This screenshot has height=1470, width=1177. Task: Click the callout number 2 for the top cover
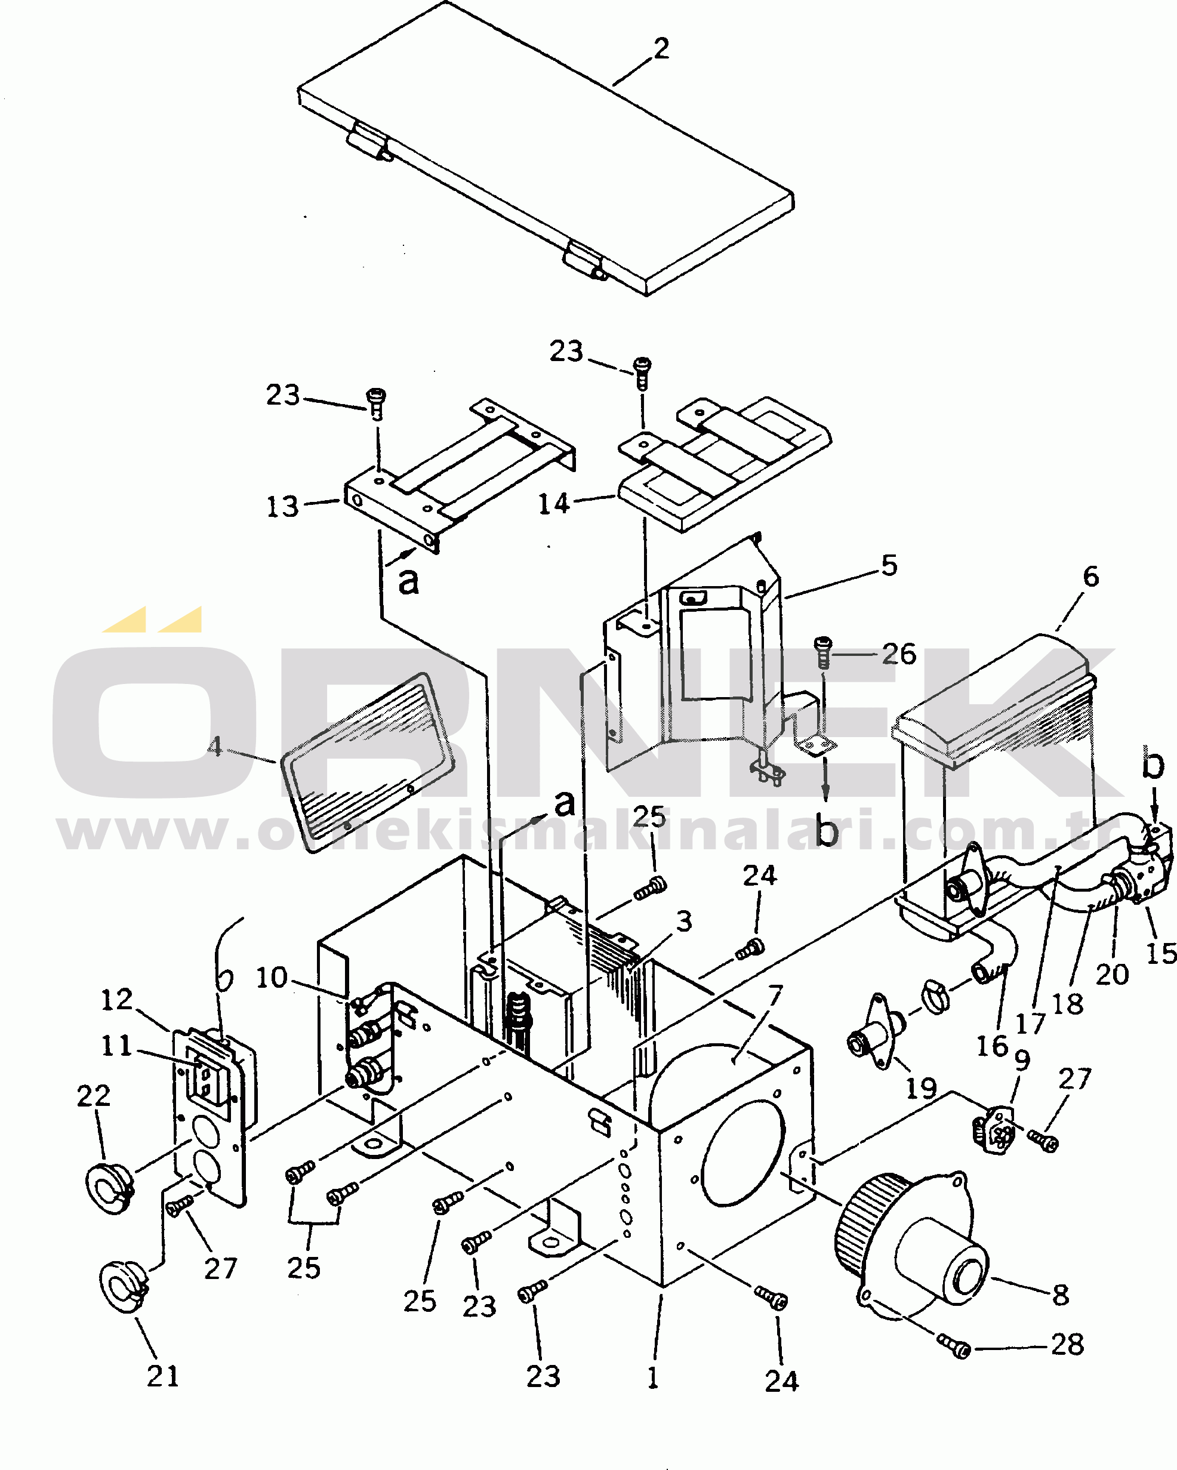point(661,49)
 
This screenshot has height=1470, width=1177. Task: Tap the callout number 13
point(282,507)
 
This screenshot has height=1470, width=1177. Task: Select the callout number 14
point(554,504)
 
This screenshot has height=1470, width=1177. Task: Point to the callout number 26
point(899,655)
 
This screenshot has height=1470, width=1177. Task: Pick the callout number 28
point(1067,1345)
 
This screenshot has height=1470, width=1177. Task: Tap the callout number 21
point(163,1376)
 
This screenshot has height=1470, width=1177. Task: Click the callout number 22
point(94,1096)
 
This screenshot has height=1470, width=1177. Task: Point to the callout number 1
point(654,1377)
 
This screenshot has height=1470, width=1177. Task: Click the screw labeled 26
point(823,651)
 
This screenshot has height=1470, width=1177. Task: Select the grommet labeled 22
point(109,1189)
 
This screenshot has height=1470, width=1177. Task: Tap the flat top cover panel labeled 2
point(546,150)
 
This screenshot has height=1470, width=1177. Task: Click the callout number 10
point(272,978)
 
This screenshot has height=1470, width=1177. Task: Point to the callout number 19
point(920,1088)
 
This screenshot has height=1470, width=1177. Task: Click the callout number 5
point(889,566)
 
